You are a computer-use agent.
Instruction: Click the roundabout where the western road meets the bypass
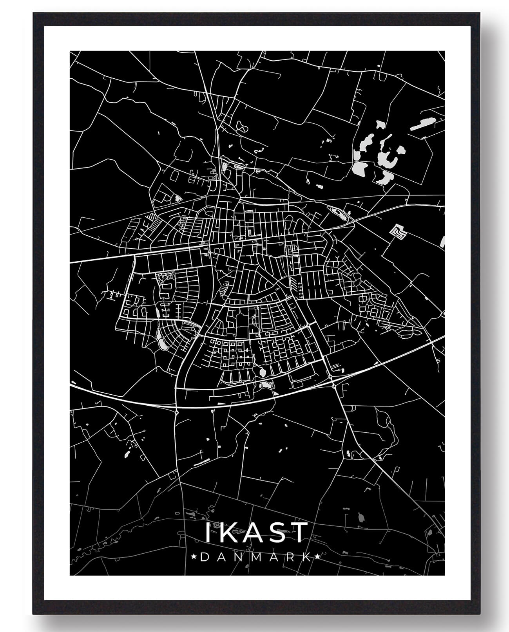[x=177, y=412]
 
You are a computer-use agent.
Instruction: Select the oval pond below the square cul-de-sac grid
[x=262, y=371]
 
